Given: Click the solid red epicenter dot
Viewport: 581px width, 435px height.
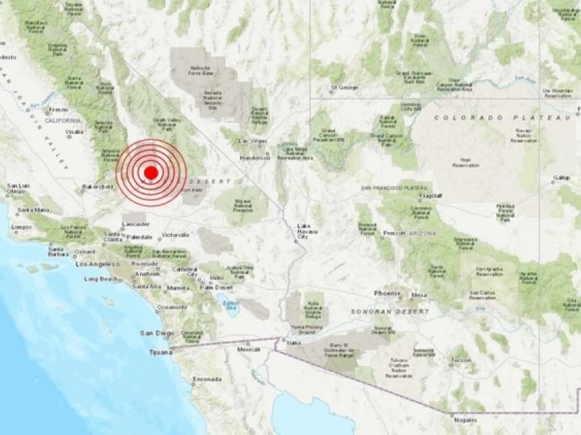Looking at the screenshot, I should pos(151,173).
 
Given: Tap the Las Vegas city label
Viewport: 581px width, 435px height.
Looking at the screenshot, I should pos(253,141).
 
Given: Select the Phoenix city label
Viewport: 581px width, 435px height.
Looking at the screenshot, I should pos(387,293).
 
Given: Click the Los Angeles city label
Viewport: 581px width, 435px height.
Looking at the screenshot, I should pos(96,264).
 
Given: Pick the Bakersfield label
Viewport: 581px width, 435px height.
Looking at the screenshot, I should pos(97,187).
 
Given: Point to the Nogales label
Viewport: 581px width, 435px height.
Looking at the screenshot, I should pos(466,420).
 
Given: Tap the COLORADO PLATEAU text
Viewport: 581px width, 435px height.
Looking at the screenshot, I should pos(503,118).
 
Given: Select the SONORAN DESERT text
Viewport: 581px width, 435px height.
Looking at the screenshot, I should pos(390,312).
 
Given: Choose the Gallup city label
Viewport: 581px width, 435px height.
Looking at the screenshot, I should pos(561,178).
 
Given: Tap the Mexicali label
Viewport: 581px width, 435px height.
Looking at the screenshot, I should pos(249,349).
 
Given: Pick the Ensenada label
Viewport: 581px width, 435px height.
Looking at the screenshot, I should pos(207,379).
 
